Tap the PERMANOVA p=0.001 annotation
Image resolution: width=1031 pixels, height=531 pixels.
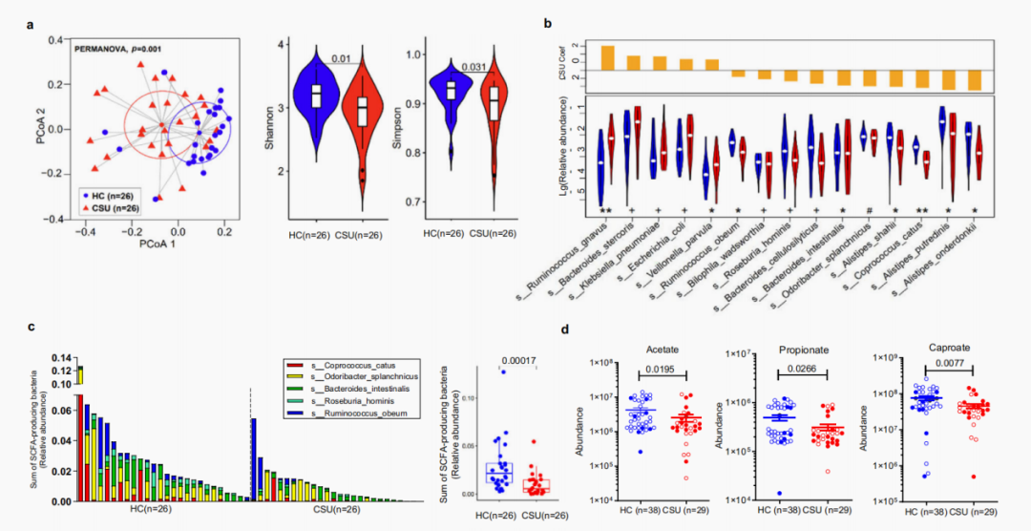click(119, 46)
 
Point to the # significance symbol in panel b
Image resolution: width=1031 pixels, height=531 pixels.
click(869, 208)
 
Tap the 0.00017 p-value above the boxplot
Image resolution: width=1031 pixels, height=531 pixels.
click(516, 359)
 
